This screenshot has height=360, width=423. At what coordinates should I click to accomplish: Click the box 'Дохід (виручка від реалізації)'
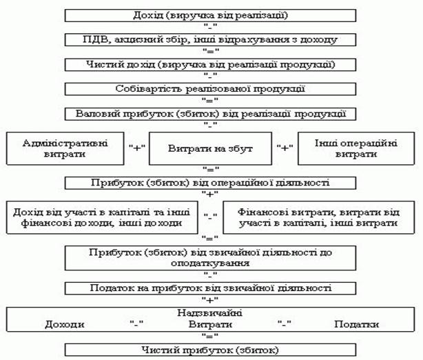210,14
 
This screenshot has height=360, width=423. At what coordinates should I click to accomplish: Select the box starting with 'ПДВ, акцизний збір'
210,39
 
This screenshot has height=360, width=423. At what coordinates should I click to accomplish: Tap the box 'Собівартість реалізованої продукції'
210,89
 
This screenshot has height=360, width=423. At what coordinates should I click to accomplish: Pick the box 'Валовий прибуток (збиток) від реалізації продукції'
210,114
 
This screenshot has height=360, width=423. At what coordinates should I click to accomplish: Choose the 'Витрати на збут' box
210,150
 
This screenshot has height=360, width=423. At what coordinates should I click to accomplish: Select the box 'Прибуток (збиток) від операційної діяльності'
210,183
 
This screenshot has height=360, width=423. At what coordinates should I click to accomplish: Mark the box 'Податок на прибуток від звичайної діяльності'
210,288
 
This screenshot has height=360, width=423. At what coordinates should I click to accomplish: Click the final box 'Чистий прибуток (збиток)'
210,350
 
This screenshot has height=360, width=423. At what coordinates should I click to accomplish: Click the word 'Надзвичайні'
210,313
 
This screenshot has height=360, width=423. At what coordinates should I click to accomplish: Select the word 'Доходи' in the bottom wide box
64,324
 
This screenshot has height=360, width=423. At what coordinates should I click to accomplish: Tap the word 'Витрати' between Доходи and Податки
210,324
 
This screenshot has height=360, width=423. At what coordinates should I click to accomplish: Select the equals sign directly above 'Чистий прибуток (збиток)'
210,337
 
